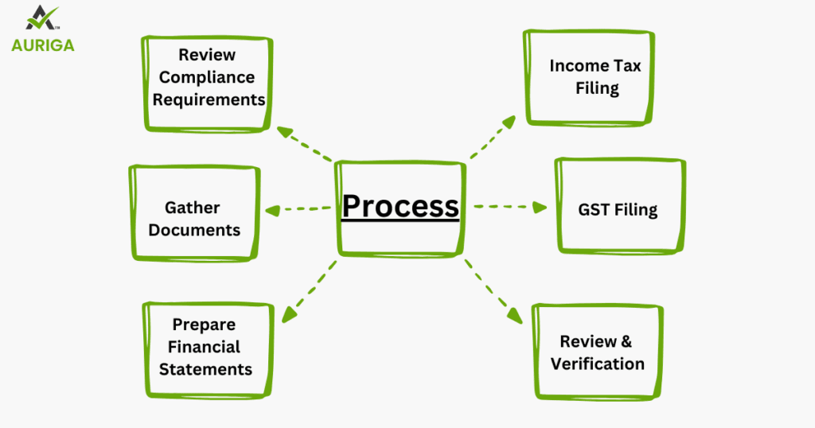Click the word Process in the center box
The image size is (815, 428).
click(x=400, y=207)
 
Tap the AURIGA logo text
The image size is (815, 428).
click(x=43, y=45)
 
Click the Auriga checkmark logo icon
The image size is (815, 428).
click(x=43, y=18)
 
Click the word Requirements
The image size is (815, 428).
click(x=209, y=99)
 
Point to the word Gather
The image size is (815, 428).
click(x=193, y=208)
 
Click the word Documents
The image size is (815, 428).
click(x=194, y=230)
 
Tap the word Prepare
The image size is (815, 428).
click(x=204, y=325)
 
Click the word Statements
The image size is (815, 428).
click(x=205, y=369)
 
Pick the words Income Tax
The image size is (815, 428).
click(x=595, y=65)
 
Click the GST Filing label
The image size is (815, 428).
click(x=618, y=211)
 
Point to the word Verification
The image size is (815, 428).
click(x=597, y=364)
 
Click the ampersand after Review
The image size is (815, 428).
click(x=626, y=341)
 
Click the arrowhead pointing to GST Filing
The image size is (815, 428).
click(x=541, y=207)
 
